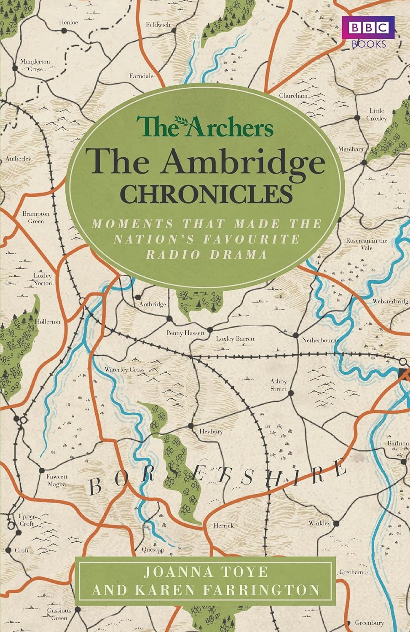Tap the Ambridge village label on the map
click(x=153, y=304)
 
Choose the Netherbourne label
click(x=313, y=338)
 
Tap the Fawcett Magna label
click(x=56, y=480)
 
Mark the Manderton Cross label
click(x=35, y=65)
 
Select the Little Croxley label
click(x=378, y=114)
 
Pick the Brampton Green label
click(x=36, y=217)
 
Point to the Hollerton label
click(x=48, y=321)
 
